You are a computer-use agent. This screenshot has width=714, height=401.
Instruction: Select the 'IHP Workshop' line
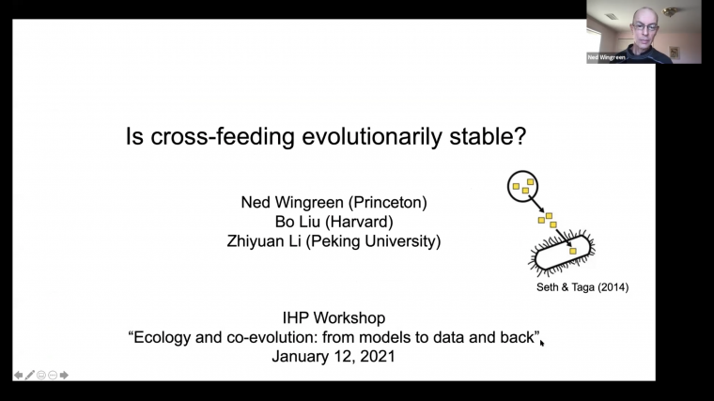(x=334, y=318)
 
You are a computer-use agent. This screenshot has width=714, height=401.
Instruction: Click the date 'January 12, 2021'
(x=334, y=357)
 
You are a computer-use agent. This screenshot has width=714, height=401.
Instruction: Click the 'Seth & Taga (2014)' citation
(x=576, y=286)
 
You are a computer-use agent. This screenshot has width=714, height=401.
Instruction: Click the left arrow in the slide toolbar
(x=18, y=375)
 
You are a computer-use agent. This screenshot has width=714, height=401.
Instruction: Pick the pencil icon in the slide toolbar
(x=30, y=375)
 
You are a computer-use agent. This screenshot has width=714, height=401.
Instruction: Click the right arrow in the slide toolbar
(x=64, y=375)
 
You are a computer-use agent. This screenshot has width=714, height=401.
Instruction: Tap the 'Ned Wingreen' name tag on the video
(x=607, y=57)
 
